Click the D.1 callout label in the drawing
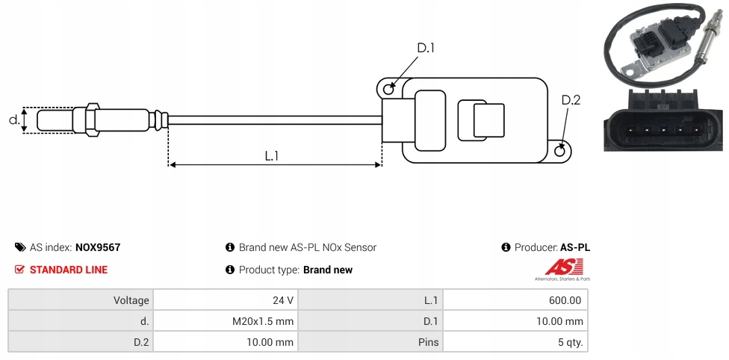(425, 49)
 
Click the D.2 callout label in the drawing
(570, 101)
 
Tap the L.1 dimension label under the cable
(271, 156)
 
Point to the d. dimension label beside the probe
(13, 120)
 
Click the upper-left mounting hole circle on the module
(388, 89)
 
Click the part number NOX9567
(98, 247)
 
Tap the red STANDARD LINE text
(68, 270)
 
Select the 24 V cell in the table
(283, 300)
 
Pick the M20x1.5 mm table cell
(263, 321)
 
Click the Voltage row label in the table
(131, 300)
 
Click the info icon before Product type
(230, 270)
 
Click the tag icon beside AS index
(19, 247)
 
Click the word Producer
(535, 247)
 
